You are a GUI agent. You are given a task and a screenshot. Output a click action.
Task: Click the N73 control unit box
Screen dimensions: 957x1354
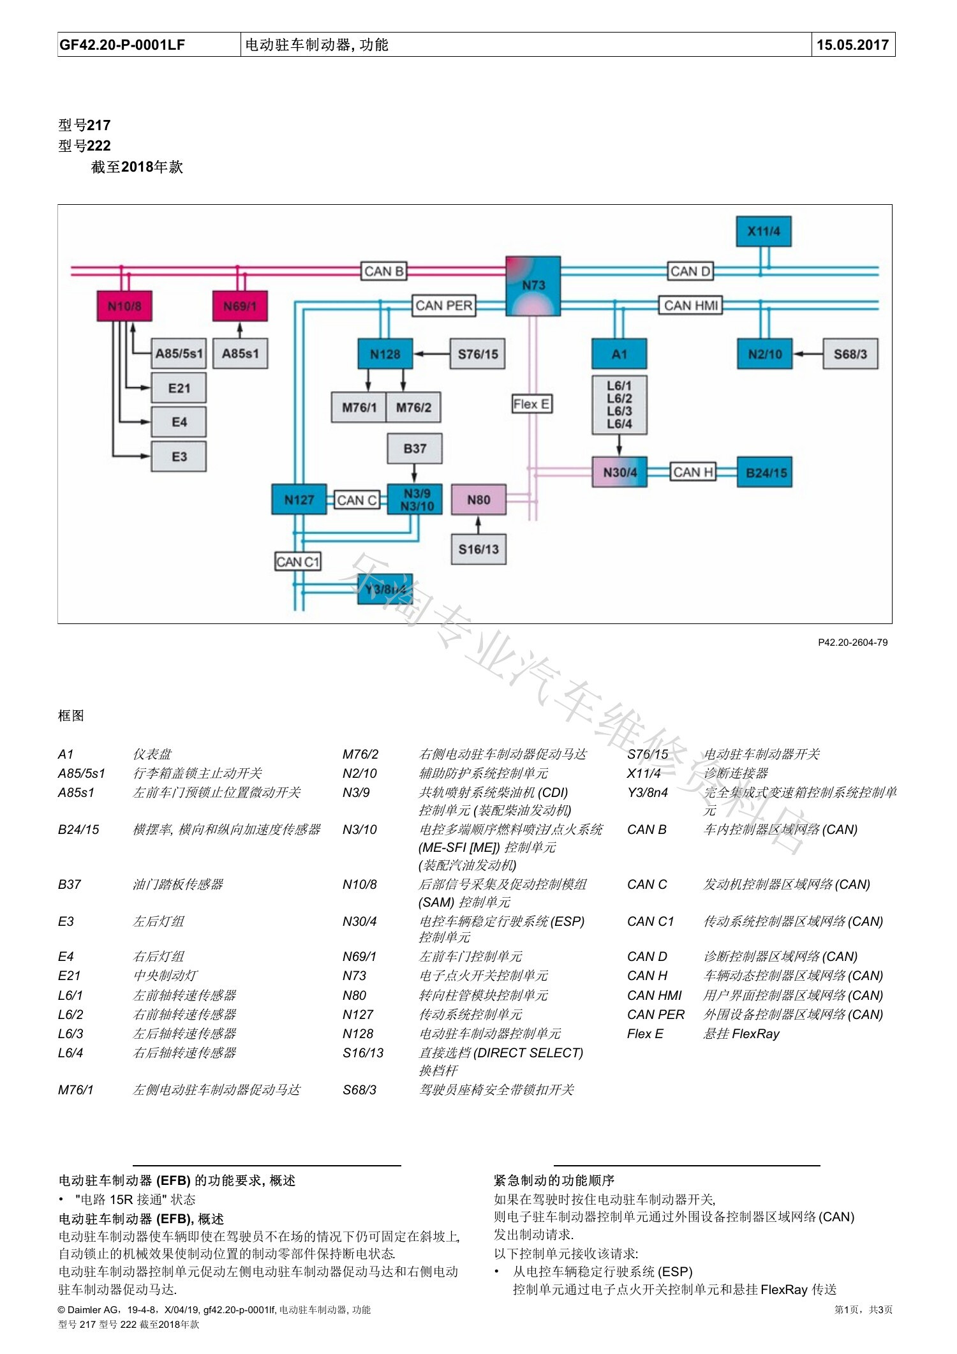click(533, 286)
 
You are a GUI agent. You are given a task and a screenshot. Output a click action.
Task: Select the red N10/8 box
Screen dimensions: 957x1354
click(124, 306)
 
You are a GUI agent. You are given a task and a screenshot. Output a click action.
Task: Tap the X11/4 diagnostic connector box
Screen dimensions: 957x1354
click(764, 231)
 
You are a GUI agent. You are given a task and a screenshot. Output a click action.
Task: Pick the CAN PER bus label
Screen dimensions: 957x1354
click(444, 306)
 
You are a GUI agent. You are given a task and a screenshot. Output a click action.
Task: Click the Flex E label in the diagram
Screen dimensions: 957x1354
click(531, 404)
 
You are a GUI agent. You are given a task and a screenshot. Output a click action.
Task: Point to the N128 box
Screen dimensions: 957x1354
click(385, 354)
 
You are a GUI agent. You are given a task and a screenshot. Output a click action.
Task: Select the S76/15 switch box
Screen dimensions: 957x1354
click(478, 354)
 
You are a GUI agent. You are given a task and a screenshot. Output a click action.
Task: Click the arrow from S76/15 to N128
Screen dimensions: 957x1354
click(432, 354)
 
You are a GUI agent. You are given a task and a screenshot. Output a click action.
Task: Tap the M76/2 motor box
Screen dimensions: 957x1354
click(413, 407)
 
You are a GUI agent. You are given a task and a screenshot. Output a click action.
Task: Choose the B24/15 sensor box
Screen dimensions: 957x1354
click(765, 473)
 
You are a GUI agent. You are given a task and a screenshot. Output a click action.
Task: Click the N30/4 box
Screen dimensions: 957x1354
click(619, 473)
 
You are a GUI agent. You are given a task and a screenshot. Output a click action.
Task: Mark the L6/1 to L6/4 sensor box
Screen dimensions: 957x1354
click(619, 405)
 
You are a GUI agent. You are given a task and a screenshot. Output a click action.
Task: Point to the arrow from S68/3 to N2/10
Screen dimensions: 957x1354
click(808, 354)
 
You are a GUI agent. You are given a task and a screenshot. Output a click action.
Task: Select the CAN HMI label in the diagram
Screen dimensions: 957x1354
click(691, 306)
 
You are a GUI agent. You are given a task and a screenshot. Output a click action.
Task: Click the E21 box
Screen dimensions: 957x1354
click(179, 388)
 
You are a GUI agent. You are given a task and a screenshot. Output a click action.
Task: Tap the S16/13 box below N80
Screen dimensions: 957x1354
click(478, 549)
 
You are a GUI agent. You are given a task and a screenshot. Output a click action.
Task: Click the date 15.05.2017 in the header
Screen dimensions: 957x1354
click(853, 45)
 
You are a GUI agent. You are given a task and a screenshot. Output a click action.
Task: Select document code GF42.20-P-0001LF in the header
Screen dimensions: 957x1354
click(122, 45)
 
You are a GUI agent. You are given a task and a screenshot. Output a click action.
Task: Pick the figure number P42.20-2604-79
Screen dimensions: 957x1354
click(853, 643)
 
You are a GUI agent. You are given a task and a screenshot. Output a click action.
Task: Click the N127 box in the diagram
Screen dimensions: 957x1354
click(299, 500)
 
